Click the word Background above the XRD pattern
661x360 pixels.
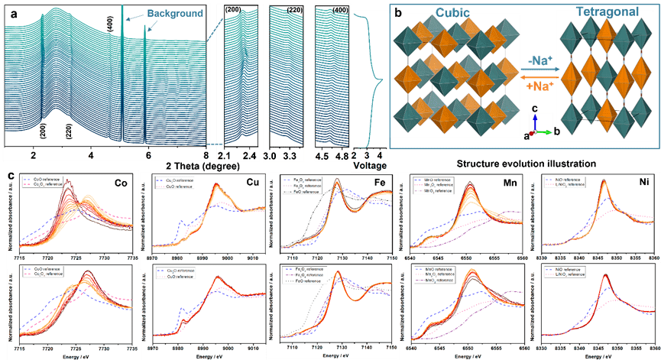click(176, 13)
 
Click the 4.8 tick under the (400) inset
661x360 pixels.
click(342, 154)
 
